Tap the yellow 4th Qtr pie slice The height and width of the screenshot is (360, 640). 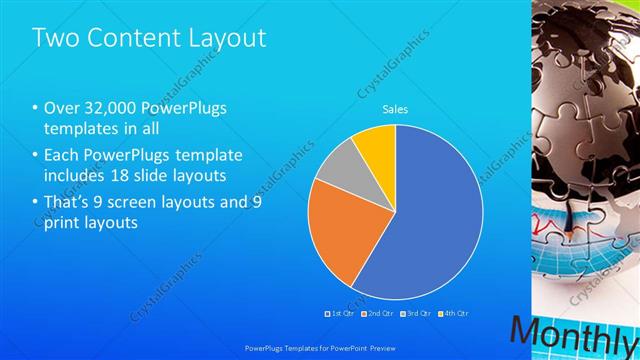pyautogui.click(x=376, y=145)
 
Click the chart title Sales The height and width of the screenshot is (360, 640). pyautogui.click(x=395, y=109)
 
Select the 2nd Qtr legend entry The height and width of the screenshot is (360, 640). pyautogui.click(x=376, y=314)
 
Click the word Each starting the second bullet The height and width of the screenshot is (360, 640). pyautogui.click(x=62, y=155)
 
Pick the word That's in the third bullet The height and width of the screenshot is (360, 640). pyautogui.click(x=71, y=201)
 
